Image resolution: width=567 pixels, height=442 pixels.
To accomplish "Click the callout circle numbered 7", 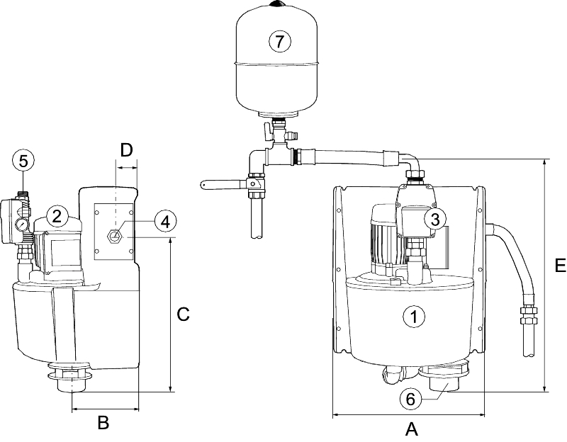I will pyautogui.click(x=280, y=42).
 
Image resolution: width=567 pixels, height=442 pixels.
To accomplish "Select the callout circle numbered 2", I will pyautogui.click(x=57, y=215).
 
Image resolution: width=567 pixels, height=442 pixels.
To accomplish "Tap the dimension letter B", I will pyautogui.click(x=103, y=423).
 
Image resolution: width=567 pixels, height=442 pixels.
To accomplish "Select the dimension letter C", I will pyautogui.click(x=183, y=314).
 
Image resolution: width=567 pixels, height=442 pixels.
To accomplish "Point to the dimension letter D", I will pyautogui.click(x=126, y=150).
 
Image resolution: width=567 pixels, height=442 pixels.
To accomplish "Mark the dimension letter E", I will pyautogui.click(x=558, y=266).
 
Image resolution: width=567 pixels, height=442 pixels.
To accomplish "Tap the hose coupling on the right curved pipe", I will pyautogui.click(x=527, y=314).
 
